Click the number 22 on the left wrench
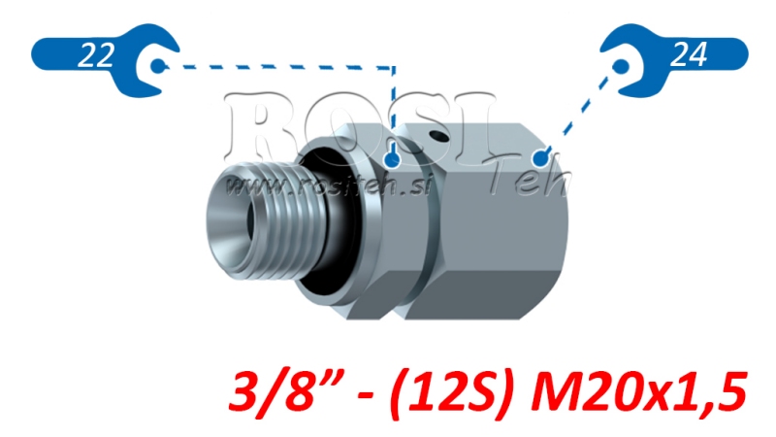tap(94, 56)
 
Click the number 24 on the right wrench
tap(688, 55)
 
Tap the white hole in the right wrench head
tap(621, 66)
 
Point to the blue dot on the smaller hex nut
tap(392, 158)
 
